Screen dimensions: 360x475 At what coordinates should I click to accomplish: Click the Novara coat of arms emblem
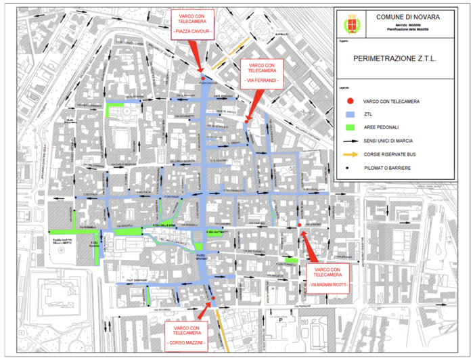pos(350,25)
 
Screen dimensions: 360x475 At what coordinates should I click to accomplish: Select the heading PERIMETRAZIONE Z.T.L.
pos(395,59)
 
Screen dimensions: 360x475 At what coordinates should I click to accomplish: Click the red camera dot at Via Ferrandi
pos(245,122)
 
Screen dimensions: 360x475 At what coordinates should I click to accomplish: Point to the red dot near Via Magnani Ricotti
pos(299,225)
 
